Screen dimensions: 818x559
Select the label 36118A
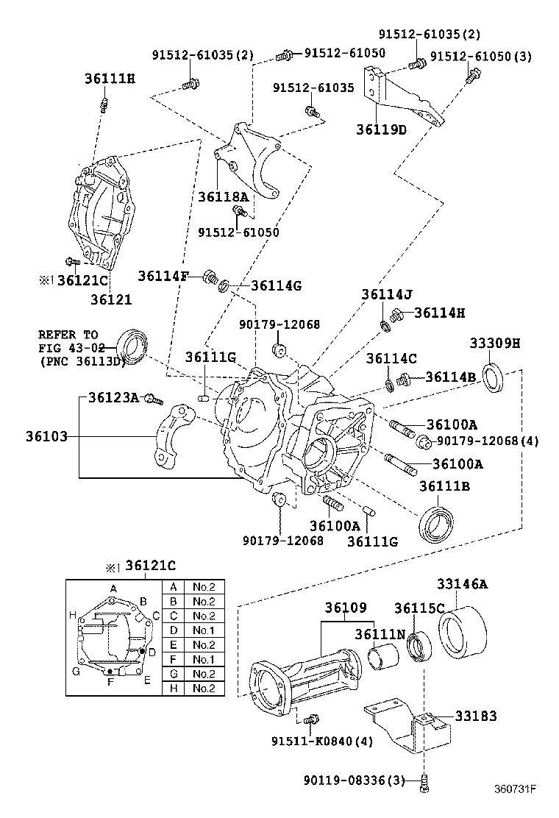pos(223,196)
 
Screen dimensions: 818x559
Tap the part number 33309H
pos(495,343)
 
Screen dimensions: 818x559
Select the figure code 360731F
pos(515,790)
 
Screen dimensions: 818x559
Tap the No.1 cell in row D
pos(204,630)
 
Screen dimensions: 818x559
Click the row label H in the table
pos(173,689)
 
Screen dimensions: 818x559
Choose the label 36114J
pos(386,294)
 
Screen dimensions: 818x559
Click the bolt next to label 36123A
pos(154,399)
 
